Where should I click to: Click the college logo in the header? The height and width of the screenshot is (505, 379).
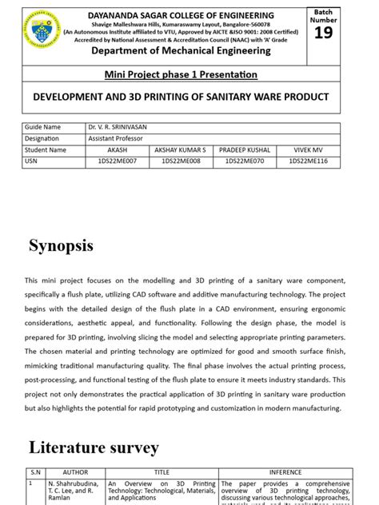click(x=44, y=30)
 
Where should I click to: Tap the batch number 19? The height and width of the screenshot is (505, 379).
click(x=323, y=33)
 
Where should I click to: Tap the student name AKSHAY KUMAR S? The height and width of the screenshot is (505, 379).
click(x=180, y=149)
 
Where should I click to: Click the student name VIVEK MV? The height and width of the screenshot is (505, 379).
click(x=307, y=149)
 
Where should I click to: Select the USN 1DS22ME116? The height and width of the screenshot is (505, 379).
click(x=307, y=161)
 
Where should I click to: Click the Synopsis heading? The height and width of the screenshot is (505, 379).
click(x=62, y=245)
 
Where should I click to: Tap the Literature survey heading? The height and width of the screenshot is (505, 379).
click(x=94, y=447)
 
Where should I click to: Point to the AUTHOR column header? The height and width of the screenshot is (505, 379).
click(x=75, y=472)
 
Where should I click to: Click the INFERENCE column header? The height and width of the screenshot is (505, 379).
click(x=285, y=472)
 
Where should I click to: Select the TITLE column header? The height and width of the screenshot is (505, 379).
click(x=162, y=472)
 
